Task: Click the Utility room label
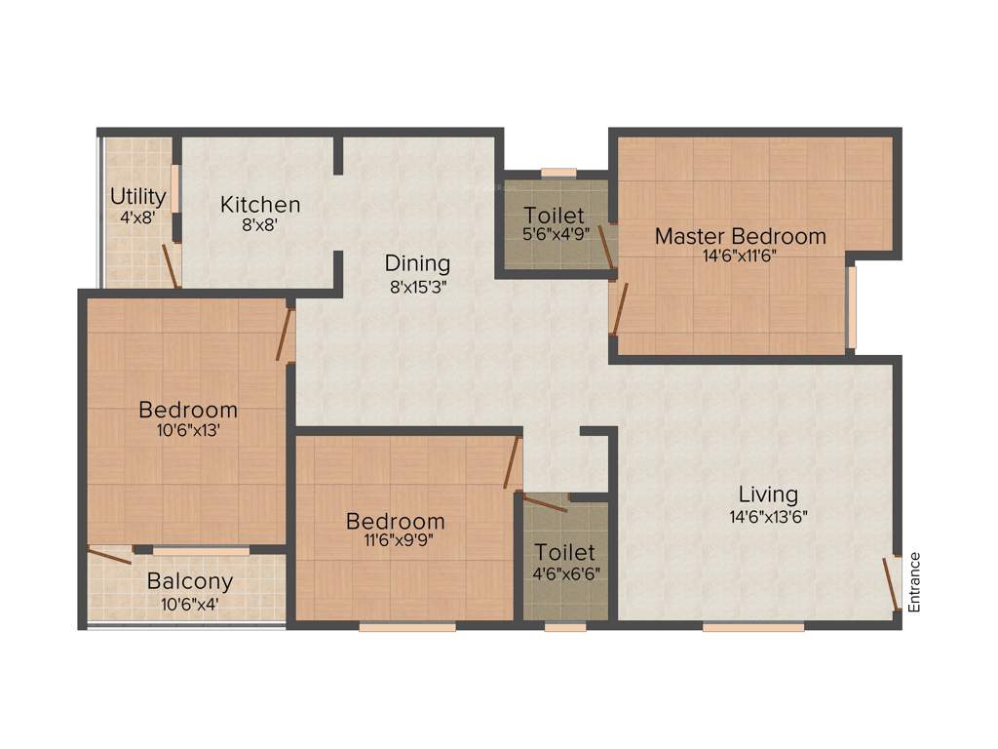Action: click(137, 197)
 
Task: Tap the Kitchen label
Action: click(260, 205)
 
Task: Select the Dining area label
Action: click(417, 263)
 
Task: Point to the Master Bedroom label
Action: click(740, 236)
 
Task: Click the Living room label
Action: click(767, 494)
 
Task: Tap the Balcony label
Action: click(190, 582)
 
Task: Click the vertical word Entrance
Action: click(914, 582)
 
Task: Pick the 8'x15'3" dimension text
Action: click(417, 287)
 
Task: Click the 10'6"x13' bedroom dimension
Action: click(187, 431)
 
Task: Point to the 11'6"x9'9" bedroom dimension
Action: click(396, 543)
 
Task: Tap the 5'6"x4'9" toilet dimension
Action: click(554, 234)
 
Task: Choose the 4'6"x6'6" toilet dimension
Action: click(565, 573)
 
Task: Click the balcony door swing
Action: click(109, 557)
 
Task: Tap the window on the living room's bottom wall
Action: click(752, 627)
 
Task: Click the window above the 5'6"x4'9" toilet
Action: click(558, 174)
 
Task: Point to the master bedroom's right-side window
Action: click(851, 307)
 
